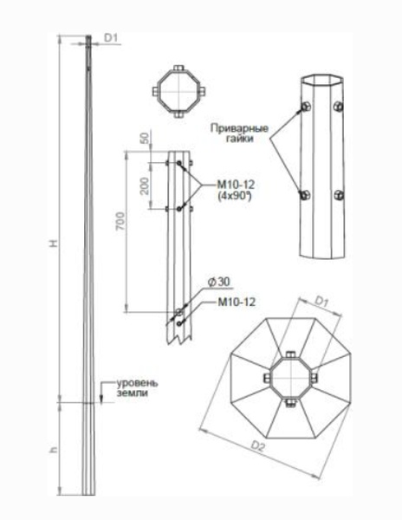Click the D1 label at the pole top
[x=112, y=38]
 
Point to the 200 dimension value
[x=145, y=185]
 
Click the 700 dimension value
[x=120, y=221]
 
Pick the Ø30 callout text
[x=218, y=282]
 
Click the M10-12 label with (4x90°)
[x=236, y=185]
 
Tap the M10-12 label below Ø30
[x=237, y=302]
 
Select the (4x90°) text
[x=234, y=196]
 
